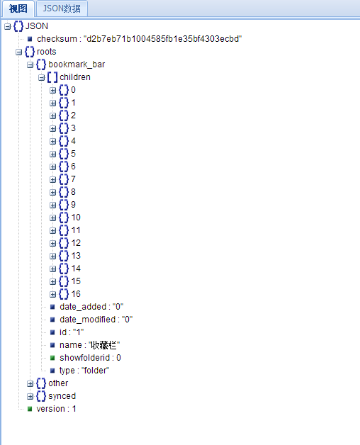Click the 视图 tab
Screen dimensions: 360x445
pos(18,9)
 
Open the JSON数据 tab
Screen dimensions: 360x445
pos(62,9)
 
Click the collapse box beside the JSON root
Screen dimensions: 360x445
pos(7,26)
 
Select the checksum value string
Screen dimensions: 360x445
pos(163,39)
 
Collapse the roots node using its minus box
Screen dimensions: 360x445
pos(18,52)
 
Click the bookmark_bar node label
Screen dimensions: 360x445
pos(77,64)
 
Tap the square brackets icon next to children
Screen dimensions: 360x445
pos(52,77)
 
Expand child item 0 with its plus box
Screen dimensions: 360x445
pos(53,90)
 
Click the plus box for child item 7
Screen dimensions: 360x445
pos(53,180)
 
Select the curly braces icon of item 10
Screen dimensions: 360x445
pos(64,218)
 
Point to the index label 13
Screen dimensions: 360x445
pos(76,256)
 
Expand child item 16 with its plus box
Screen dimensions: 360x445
pos(53,294)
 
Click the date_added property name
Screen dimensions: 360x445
pos(83,307)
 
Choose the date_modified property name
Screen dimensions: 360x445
pos(87,320)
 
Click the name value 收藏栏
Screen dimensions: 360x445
pos(104,345)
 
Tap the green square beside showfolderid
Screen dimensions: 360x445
pos(52,358)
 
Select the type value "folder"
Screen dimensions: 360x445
pos(96,371)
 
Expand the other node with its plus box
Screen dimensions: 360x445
pos(30,383)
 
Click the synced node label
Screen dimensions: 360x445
pos(62,396)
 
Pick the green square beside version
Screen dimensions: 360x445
pos(30,409)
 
